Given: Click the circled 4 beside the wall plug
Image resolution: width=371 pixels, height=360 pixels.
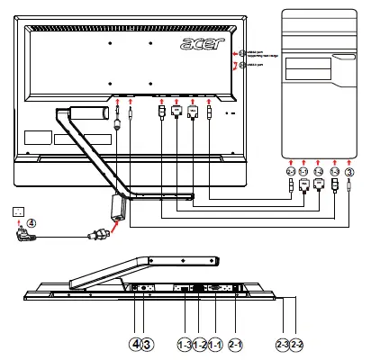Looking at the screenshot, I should (32, 223).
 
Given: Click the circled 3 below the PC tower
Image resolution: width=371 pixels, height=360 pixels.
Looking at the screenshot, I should (350, 171).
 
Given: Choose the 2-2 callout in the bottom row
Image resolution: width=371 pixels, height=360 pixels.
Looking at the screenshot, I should (298, 344).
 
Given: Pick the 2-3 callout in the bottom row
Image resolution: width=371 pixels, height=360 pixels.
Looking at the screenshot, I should (283, 344).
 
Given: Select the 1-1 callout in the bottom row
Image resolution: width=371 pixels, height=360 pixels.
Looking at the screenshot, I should (217, 344).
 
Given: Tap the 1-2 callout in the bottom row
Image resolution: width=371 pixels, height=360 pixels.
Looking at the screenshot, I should (201, 344).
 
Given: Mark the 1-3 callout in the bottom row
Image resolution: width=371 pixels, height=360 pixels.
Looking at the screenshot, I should (185, 344).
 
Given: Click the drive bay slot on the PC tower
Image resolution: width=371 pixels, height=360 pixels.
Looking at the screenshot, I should (344, 60).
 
